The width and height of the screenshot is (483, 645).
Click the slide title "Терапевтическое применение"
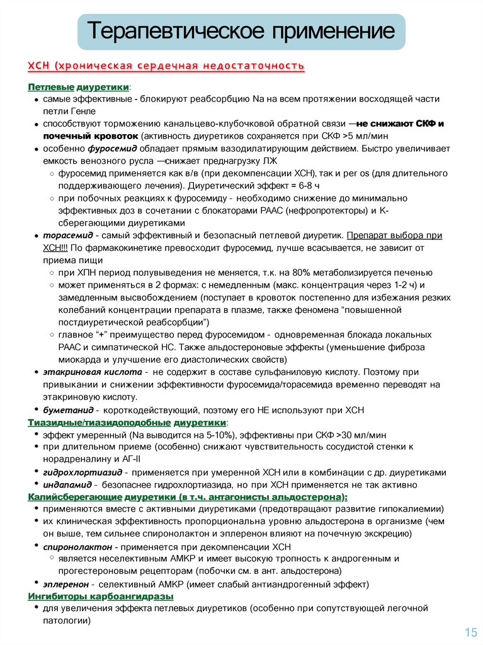(x=241, y=31)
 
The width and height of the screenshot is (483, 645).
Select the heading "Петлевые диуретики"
(x=79, y=86)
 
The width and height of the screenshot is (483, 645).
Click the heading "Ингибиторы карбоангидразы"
(x=101, y=596)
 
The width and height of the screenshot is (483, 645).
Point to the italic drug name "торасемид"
(x=64, y=235)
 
